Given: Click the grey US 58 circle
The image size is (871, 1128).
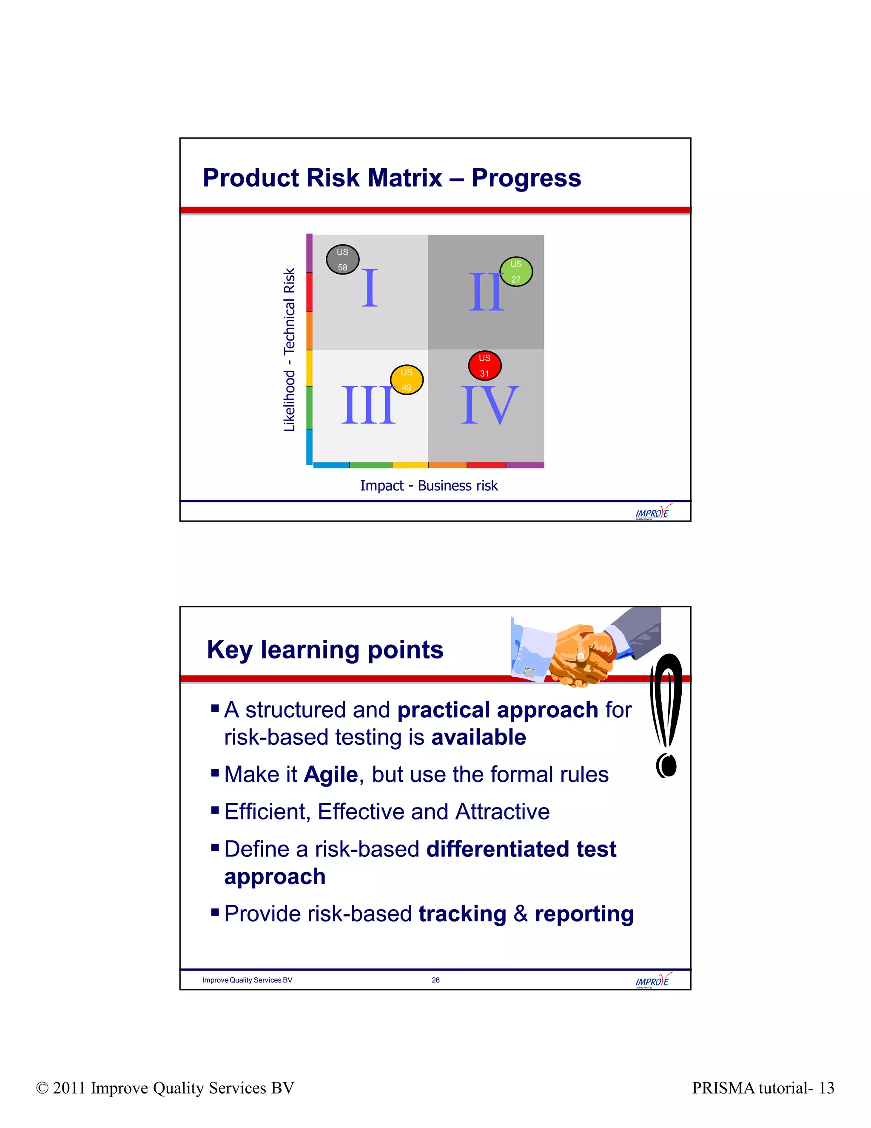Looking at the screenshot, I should click(343, 259).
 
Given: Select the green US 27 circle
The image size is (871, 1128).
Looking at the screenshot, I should click(516, 272).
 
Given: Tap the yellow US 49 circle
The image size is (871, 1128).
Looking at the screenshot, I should click(407, 380).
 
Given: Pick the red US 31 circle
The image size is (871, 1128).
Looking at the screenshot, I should click(484, 366).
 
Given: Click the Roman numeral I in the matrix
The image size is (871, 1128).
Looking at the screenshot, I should click(370, 288).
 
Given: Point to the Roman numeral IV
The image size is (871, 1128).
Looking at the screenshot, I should click(489, 405).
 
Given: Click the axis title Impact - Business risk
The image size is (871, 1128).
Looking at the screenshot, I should click(429, 486).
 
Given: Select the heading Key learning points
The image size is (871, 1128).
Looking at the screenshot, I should click(325, 650).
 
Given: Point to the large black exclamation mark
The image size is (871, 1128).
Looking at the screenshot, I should click(666, 716).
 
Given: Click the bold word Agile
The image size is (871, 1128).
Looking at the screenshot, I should click(331, 775).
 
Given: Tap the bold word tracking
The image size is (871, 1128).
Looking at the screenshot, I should click(462, 914).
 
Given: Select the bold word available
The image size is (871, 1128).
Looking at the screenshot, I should click(478, 738).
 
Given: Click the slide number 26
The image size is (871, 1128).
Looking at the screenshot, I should click(435, 980).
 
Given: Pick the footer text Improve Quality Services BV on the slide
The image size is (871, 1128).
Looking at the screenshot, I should click(247, 980).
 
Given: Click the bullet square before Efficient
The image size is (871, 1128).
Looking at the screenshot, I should click(215, 810).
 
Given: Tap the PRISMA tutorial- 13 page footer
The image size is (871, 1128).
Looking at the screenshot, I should click(763, 1088).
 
